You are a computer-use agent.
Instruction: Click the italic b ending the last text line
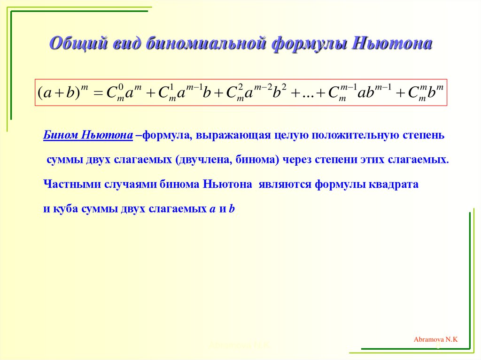231,209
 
